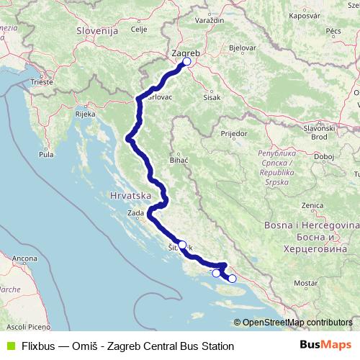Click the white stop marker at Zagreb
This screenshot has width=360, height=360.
tap(186, 62)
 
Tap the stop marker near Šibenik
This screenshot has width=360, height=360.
tap(182, 245)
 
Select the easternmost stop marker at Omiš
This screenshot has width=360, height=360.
tap(232, 279)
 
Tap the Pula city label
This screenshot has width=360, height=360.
tap(48, 154)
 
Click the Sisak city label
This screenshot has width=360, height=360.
tap(212, 96)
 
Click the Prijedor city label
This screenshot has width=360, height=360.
tap(234, 134)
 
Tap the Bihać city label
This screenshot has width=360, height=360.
tap(178, 159)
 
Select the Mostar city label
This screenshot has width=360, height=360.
tap(305, 284)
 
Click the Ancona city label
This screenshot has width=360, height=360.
tap(24, 258)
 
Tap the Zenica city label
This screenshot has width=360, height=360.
tap(312, 205)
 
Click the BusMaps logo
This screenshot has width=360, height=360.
tap(325, 346)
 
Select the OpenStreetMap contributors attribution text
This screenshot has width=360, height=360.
tap(297, 323)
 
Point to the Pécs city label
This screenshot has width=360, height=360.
tap(333, 31)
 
